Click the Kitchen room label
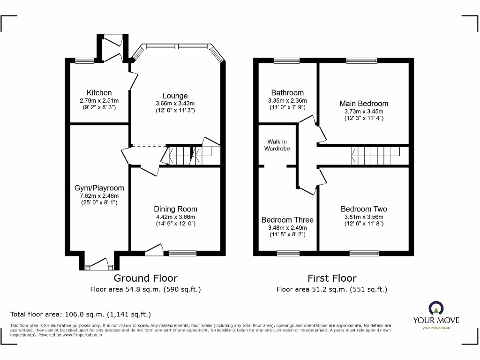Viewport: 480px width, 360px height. [x=99, y=93]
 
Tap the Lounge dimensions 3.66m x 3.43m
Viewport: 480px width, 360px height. [x=175, y=104]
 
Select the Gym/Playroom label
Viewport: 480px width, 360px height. [x=99, y=188]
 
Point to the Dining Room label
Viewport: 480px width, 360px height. [x=175, y=209]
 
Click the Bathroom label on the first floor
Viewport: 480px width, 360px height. [x=287, y=93]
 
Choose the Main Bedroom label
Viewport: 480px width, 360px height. [x=364, y=104]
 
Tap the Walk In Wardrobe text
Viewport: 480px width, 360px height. [x=277, y=145]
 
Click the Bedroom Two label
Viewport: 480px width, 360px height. [x=364, y=209]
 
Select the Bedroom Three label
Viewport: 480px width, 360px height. [x=287, y=220]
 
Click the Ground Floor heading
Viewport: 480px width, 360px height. [x=145, y=278]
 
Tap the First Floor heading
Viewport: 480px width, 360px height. [x=332, y=278]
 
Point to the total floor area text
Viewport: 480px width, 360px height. [x=81, y=315]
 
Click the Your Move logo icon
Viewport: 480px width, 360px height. [x=436, y=308]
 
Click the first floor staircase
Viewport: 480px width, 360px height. [x=375, y=155]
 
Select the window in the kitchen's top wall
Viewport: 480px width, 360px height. [x=84, y=60]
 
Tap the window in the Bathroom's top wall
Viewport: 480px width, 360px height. [x=287, y=60]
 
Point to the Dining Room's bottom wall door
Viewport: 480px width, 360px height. [x=154, y=250]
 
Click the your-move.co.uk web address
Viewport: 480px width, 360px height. [x=436, y=328]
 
